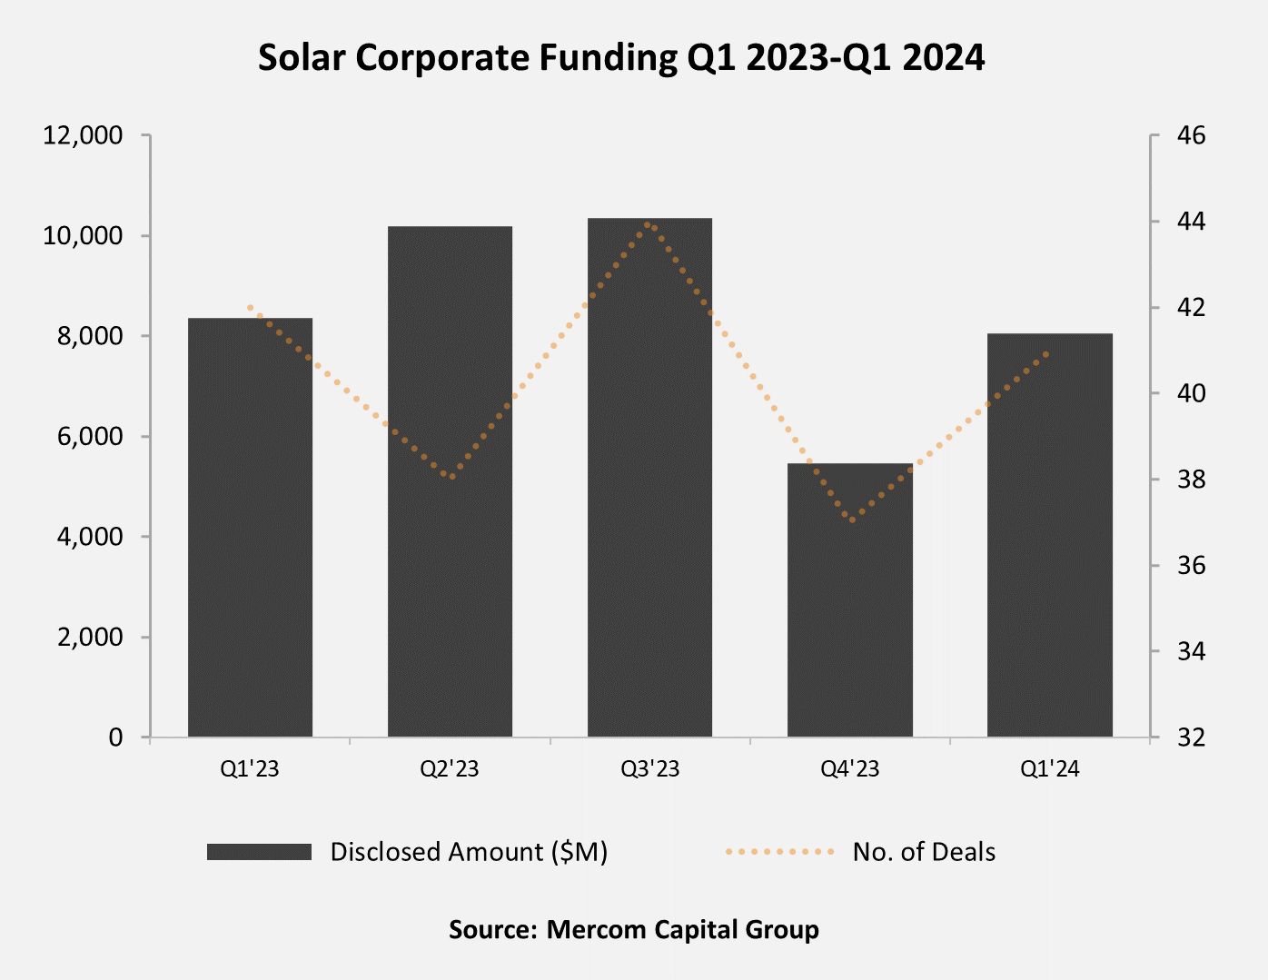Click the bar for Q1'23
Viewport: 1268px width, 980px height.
pyautogui.click(x=250, y=527)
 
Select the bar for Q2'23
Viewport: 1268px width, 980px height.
pyautogui.click(x=450, y=481)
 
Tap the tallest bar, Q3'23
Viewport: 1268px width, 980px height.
pyautogui.click(x=649, y=477)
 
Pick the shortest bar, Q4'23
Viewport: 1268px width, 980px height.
pyautogui.click(x=849, y=599)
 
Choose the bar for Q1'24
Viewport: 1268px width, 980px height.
pyautogui.click(x=1049, y=535)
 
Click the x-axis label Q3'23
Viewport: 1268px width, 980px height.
pyautogui.click(x=649, y=769)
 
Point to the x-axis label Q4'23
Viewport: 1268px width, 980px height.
pyautogui.click(x=849, y=769)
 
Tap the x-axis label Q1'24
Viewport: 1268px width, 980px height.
pyautogui.click(x=1049, y=769)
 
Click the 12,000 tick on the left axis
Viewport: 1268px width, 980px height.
pyautogui.click(x=82, y=136)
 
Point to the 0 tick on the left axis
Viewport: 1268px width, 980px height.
pyautogui.click(x=115, y=737)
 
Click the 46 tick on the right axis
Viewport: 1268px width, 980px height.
pyautogui.click(x=1191, y=136)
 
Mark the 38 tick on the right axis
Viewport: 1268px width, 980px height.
pyautogui.click(x=1191, y=480)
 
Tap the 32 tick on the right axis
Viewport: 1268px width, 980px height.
pyautogui.click(x=1191, y=737)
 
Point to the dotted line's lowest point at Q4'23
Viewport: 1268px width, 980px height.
pyautogui.click(x=850, y=519)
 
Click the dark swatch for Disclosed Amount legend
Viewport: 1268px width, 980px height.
pyautogui.click(x=259, y=852)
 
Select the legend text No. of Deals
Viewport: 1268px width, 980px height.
pyautogui.click(x=924, y=852)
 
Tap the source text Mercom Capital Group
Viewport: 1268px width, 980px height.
pyautogui.click(x=682, y=930)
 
